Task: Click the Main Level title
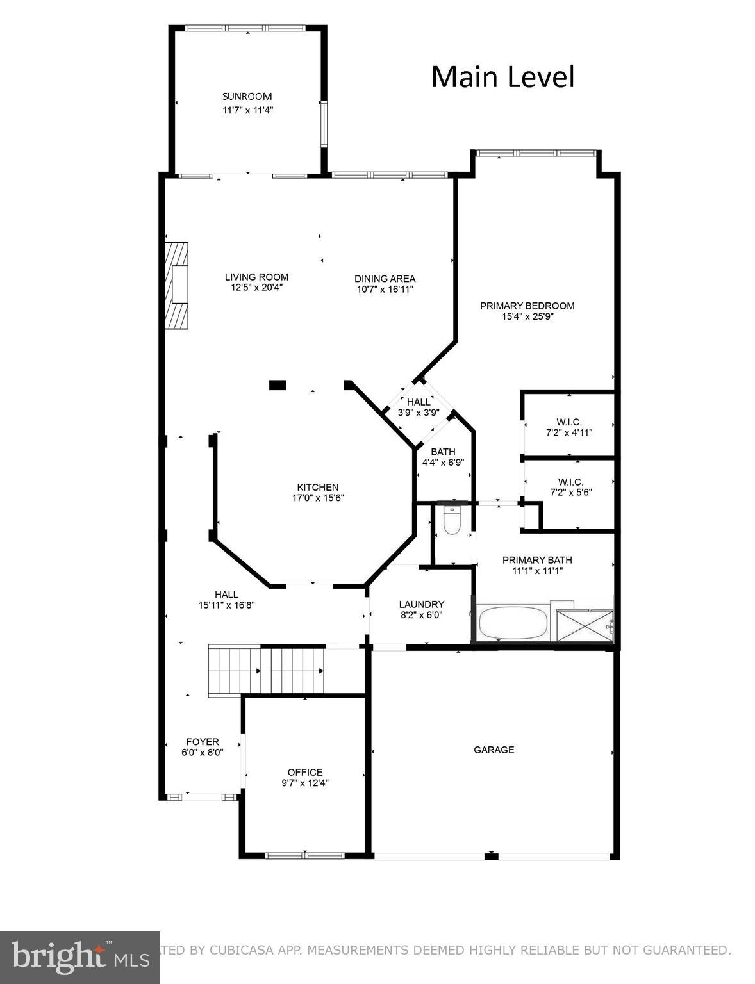(x=502, y=77)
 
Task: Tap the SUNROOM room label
(x=247, y=97)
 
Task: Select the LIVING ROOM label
(x=256, y=277)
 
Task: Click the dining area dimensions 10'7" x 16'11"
(x=385, y=289)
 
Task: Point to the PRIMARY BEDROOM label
(x=527, y=306)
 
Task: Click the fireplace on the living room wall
(x=178, y=285)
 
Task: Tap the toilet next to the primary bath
(x=452, y=521)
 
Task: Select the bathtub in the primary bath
(x=513, y=623)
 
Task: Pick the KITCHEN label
(x=317, y=488)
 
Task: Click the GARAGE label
(x=494, y=750)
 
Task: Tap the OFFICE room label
(x=305, y=772)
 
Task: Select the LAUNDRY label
(x=421, y=604)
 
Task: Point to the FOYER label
(x=203, y=742)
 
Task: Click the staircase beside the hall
(x=266, y=671)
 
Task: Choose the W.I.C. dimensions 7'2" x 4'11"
(x=569, y=432)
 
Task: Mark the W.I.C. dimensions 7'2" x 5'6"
(x=570, y=493)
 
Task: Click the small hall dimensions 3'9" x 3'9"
(x=419, y=413)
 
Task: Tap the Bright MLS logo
(x=79, y=957)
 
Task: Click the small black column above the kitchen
(x=277, y=384)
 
